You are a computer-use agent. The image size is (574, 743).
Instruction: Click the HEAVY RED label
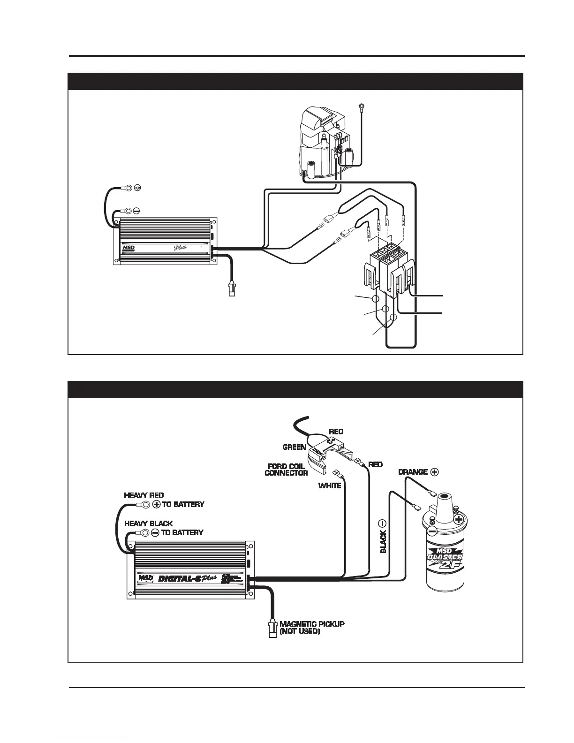(143, 495)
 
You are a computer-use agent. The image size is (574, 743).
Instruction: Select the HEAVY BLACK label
(148, 523)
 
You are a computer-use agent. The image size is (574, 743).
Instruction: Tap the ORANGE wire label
(413, 472)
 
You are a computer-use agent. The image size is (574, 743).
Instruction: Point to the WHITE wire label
(330, 486)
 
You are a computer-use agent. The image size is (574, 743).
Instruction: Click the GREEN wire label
(294, 447)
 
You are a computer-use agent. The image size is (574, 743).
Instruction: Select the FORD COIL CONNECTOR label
(286, 470)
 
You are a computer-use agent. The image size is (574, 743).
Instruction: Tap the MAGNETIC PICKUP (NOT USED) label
(312, 628)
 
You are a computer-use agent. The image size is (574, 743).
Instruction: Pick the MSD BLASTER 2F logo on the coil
(445, 558)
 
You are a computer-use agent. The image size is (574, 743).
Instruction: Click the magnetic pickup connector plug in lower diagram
(272, 628)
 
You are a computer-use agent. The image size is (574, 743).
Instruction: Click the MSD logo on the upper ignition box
(128, 247)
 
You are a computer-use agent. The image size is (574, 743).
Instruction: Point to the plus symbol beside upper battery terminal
(137, 188)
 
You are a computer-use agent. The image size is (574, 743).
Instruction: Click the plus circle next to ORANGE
(434, 472)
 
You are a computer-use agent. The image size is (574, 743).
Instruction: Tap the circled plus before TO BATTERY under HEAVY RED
(157, 505)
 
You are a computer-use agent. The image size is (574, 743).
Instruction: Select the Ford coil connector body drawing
(324, 450)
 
